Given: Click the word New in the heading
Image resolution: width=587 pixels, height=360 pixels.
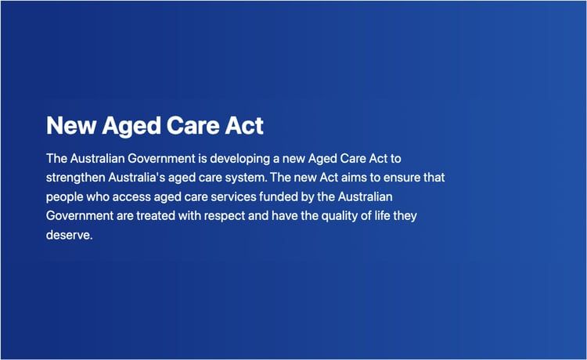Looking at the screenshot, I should coord(69,125).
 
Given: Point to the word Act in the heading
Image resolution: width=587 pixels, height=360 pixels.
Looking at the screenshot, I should coord(245,125).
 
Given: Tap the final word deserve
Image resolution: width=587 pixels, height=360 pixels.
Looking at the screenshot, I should coord(69,234).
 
